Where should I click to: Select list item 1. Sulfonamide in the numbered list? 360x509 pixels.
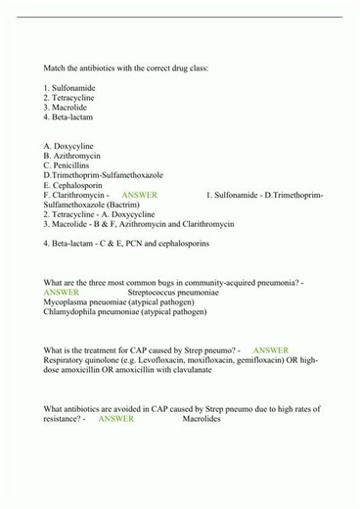point(69,88)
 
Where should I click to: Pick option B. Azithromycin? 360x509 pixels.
point(72,156)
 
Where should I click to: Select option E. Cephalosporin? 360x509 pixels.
point(74,185)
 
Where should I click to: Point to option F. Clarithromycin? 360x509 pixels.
point(74,195)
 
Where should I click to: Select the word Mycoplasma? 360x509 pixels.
point(66,302)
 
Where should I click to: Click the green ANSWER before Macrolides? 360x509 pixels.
point(115,419)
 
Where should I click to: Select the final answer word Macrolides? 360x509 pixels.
point(202,419)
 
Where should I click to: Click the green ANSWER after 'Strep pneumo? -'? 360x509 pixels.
point(270,350)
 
